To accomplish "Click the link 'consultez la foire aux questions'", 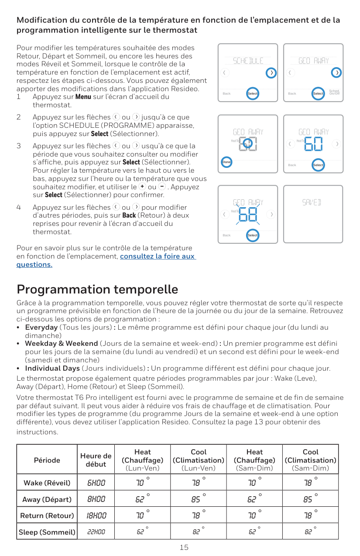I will click(157, 256).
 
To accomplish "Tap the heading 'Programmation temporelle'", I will click(97, 290).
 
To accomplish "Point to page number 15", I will click(184, 547).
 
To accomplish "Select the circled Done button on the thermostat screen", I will click(226, 162).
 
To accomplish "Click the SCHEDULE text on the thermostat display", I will click(248, 61).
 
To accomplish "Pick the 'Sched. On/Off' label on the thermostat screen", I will click(335, 92).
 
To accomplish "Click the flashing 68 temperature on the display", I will click(248, 215).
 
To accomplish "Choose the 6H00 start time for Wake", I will click(96, 483).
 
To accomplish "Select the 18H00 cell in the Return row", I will click(96, 515).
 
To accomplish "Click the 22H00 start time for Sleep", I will click(96, 532).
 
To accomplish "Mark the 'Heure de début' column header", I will click(96, 460).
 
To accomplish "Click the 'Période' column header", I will click(47, 460).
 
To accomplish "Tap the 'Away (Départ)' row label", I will click(47, 499).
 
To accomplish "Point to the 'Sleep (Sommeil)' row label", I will click(47, 532).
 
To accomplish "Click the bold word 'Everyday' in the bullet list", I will click(41, 327).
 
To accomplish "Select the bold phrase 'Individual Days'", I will click(52, 368).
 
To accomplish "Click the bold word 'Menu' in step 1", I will click(83, 97).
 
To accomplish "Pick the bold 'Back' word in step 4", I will click(129, 215).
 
